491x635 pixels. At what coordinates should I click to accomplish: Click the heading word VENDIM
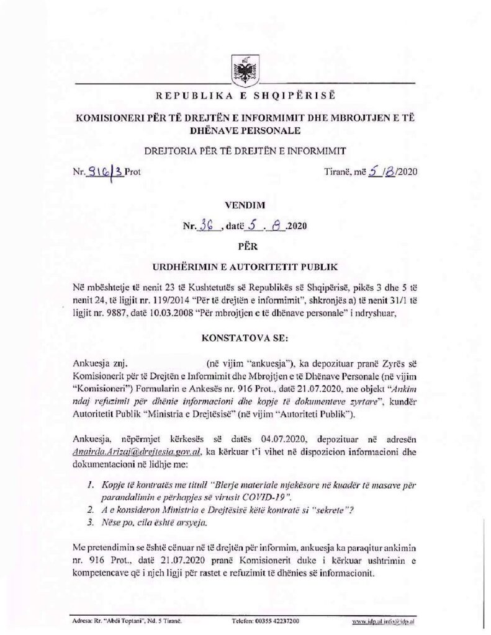(x=245, y=202)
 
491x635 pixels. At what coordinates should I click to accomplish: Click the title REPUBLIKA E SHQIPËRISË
(x=245, y=97)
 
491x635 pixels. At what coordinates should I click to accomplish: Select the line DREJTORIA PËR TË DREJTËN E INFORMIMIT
(x=245, y=149)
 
